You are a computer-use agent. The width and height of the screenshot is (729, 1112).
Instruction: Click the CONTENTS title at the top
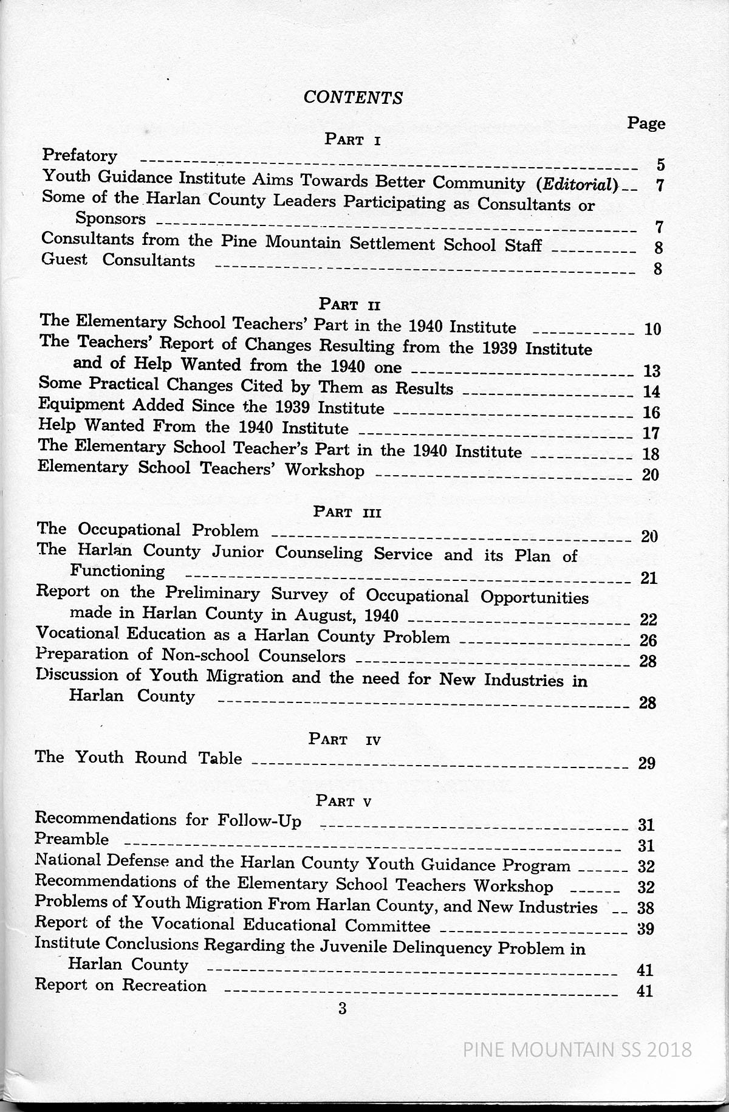353,97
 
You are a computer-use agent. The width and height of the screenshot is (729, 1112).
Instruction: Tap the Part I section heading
352,140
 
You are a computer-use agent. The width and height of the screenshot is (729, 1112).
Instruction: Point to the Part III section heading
347,512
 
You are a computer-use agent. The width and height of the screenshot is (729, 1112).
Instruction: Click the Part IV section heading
344,740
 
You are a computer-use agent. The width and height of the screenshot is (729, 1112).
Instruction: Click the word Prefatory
80,156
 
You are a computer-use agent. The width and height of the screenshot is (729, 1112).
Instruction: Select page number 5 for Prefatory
660,165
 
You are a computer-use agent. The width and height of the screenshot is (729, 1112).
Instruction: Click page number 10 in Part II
652,330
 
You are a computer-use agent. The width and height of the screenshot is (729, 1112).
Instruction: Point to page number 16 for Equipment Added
651,413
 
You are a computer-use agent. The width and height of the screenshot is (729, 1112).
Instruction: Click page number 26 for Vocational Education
649,640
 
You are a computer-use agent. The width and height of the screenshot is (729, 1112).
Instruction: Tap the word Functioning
117,571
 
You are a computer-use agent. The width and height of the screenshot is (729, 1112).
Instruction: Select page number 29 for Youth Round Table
647,763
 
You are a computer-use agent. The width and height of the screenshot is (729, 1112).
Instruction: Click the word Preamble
72,840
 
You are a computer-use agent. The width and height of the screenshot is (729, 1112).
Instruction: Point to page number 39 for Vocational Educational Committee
645,928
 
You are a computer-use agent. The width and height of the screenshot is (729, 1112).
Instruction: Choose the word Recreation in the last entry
164,985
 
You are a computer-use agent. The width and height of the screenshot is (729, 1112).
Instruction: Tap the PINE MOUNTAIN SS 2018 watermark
577,1049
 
